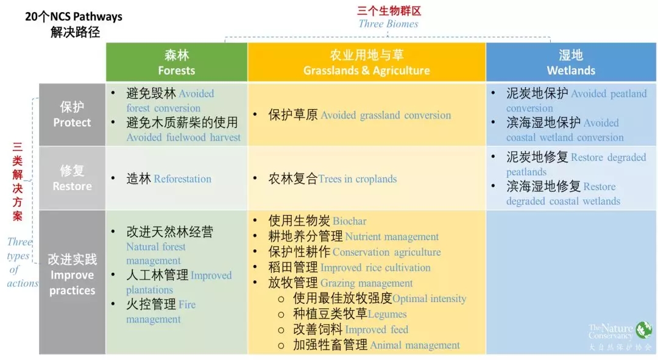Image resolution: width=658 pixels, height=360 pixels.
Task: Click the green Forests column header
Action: click(177, 62)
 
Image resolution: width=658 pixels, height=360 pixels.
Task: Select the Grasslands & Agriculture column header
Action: click(366, 62)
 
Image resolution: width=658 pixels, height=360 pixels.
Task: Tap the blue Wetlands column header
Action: click(571, 62)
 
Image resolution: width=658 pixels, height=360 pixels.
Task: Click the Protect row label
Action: click(72, 115)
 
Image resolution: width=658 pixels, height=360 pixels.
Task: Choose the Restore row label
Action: click(72, 178)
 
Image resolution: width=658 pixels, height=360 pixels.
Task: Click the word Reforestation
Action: click(183, 179)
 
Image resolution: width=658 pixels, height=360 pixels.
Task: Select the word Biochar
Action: click(350, 221)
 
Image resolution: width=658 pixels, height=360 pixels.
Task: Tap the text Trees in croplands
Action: click(358, 179)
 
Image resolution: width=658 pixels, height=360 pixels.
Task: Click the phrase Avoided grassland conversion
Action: click(386, 115)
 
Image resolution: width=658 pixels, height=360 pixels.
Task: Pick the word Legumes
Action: click(387, 314)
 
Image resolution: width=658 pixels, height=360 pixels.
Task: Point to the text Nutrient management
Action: click(392, 236)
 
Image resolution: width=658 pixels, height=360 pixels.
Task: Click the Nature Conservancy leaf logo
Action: click(644, 330)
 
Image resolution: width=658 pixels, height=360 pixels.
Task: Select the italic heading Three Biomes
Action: click(388, 24)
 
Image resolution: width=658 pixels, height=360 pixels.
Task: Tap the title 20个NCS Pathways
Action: click(74, 17)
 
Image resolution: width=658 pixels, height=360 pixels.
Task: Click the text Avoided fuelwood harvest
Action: click(183, 138)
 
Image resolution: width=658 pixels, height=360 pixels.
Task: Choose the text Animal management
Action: click(415, 345)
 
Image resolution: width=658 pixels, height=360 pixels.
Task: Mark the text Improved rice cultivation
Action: click(375, 267)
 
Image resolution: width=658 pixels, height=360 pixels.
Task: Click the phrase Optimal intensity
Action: click(430, 298)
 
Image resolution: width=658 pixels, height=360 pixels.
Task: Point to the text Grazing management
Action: click(367, 283)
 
